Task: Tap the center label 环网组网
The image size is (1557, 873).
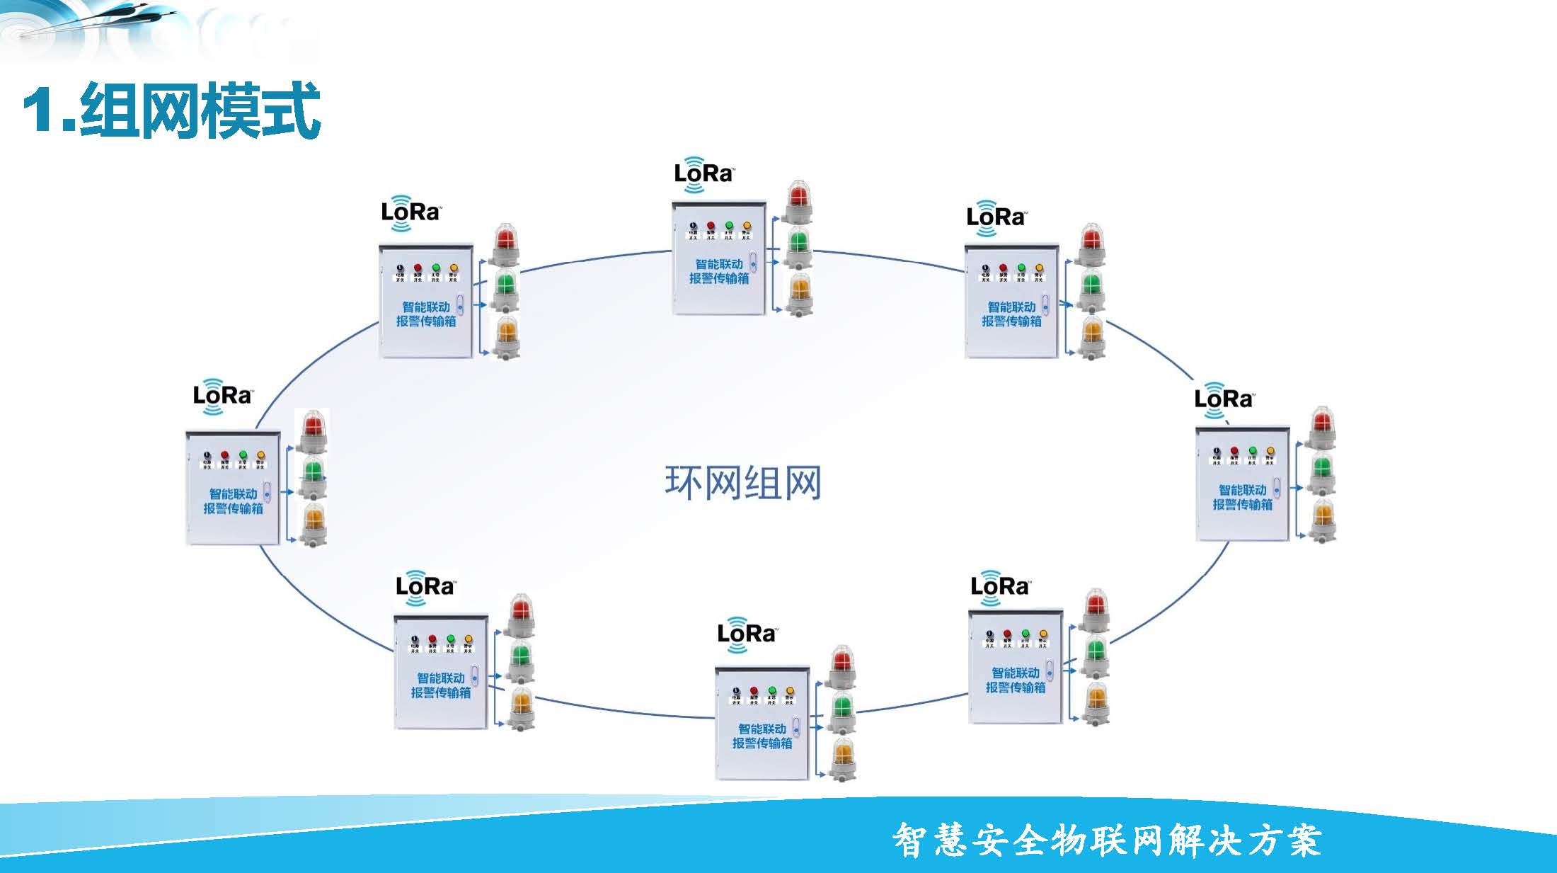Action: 742,483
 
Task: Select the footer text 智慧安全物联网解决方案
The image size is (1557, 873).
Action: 1106,840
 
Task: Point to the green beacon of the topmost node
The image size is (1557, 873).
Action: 798,243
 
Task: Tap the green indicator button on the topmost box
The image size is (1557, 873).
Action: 729,226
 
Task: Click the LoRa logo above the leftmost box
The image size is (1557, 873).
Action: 222,395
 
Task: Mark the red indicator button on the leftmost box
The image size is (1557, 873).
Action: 225,455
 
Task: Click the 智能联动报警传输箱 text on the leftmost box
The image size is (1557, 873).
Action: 233,501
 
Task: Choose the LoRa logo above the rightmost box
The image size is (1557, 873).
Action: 1223,399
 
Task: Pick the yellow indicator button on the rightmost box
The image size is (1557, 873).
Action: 1270,451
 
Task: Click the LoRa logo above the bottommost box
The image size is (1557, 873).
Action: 747,633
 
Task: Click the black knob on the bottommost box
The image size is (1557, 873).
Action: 736,690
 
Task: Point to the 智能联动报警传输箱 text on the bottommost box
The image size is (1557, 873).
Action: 762,736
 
